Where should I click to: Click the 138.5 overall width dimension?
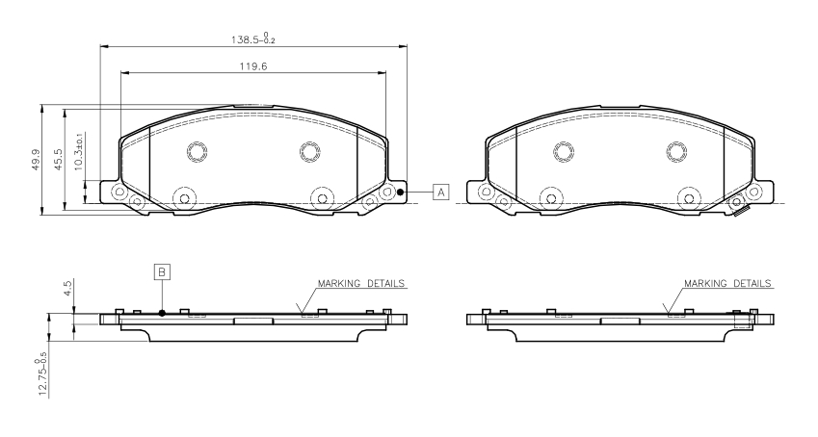(253, 39)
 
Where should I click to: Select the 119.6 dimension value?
(253, 66)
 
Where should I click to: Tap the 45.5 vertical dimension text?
(58, 159)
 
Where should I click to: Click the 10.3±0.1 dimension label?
(79, 151)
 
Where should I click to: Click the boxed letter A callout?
(441, 193)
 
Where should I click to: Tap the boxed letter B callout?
(162, 271)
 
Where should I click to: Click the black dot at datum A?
(400, 193)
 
